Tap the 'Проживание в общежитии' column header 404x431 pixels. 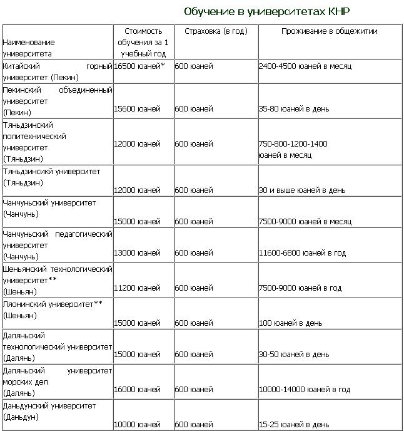click(x=329, y=31)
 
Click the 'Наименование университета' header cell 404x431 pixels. click(x=29, y=48)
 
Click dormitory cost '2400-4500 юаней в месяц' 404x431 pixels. click(x=305, y=65)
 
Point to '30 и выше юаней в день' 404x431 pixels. click(x=301, y=189)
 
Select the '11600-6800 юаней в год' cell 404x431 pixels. click(x=302, y=252)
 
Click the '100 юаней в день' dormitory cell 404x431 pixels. click(x=290, y=323)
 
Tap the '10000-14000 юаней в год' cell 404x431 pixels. click(x=304, y=390)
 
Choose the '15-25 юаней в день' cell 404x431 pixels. click(x=293, y=425)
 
